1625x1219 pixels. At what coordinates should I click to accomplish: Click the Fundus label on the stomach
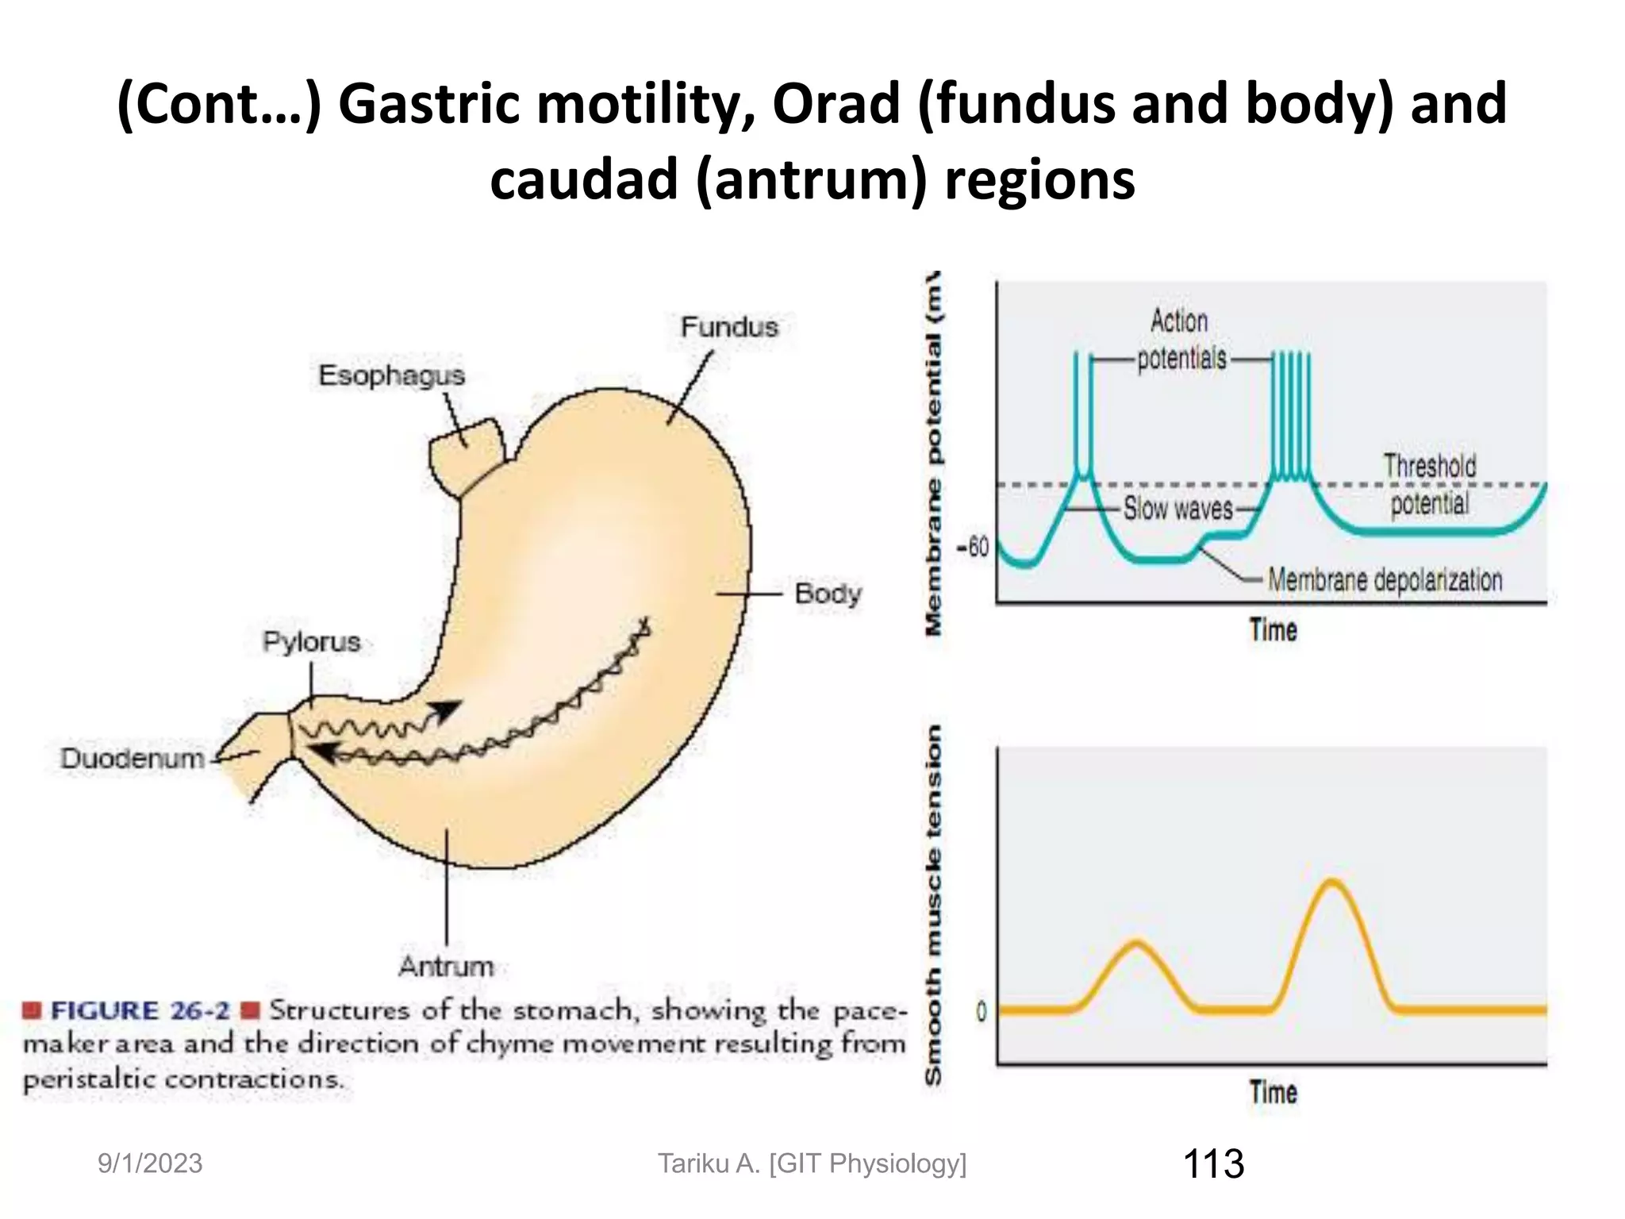coord(729,327)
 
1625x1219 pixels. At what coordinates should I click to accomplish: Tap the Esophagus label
coord(391,375)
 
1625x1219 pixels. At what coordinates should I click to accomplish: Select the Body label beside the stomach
coord(828,593)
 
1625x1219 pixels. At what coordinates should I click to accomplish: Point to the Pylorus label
coord(311,641)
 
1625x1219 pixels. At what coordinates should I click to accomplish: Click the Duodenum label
coord(133,758)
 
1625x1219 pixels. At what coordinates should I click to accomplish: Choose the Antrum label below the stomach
coord(446,966)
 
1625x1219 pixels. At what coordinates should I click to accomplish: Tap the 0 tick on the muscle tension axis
coord(981,1011)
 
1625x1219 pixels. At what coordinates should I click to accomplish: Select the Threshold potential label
coord(1430,484)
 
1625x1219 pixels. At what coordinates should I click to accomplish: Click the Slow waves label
coord(1178,508)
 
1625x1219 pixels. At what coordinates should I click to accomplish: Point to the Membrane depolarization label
coord(1385,580)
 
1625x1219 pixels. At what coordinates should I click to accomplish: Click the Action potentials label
coord(1180,340)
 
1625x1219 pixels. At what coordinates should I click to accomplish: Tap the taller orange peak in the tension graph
coord(1332,882)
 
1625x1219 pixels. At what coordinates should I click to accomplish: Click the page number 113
coord(1213,1163)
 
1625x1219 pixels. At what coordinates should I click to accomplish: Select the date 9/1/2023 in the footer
coord(150,1163)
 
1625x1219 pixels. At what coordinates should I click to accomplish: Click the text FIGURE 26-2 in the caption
coord(140,1010)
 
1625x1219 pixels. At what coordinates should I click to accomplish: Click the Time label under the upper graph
coord(1273,630)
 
